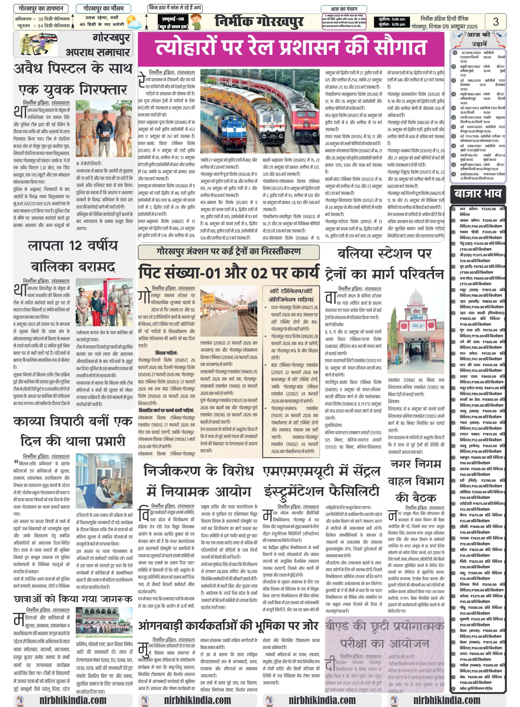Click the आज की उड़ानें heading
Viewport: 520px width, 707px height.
478,39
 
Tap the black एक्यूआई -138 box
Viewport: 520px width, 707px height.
173,22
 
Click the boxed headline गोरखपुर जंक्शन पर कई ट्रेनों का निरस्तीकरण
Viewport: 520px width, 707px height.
229,252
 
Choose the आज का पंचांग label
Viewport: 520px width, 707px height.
344,9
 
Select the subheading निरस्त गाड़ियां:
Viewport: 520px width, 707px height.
166,353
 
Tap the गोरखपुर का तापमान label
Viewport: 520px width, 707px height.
41,9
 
